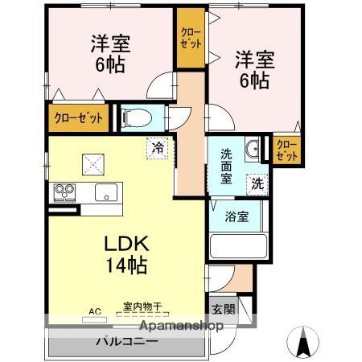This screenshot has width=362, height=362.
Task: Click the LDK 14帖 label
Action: coord(124,253)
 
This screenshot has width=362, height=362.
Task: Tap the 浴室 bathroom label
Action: coord(237,216)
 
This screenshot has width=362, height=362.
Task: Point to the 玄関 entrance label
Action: coord(224,309)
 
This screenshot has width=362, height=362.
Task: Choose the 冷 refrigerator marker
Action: coord(158,148)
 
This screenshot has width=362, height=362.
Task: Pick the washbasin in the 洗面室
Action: coord(252,147)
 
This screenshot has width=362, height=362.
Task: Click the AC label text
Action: coord(94,311)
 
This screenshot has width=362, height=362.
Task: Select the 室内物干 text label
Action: coord(142,306)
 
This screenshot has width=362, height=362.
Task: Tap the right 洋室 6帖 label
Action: coord(254,69)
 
